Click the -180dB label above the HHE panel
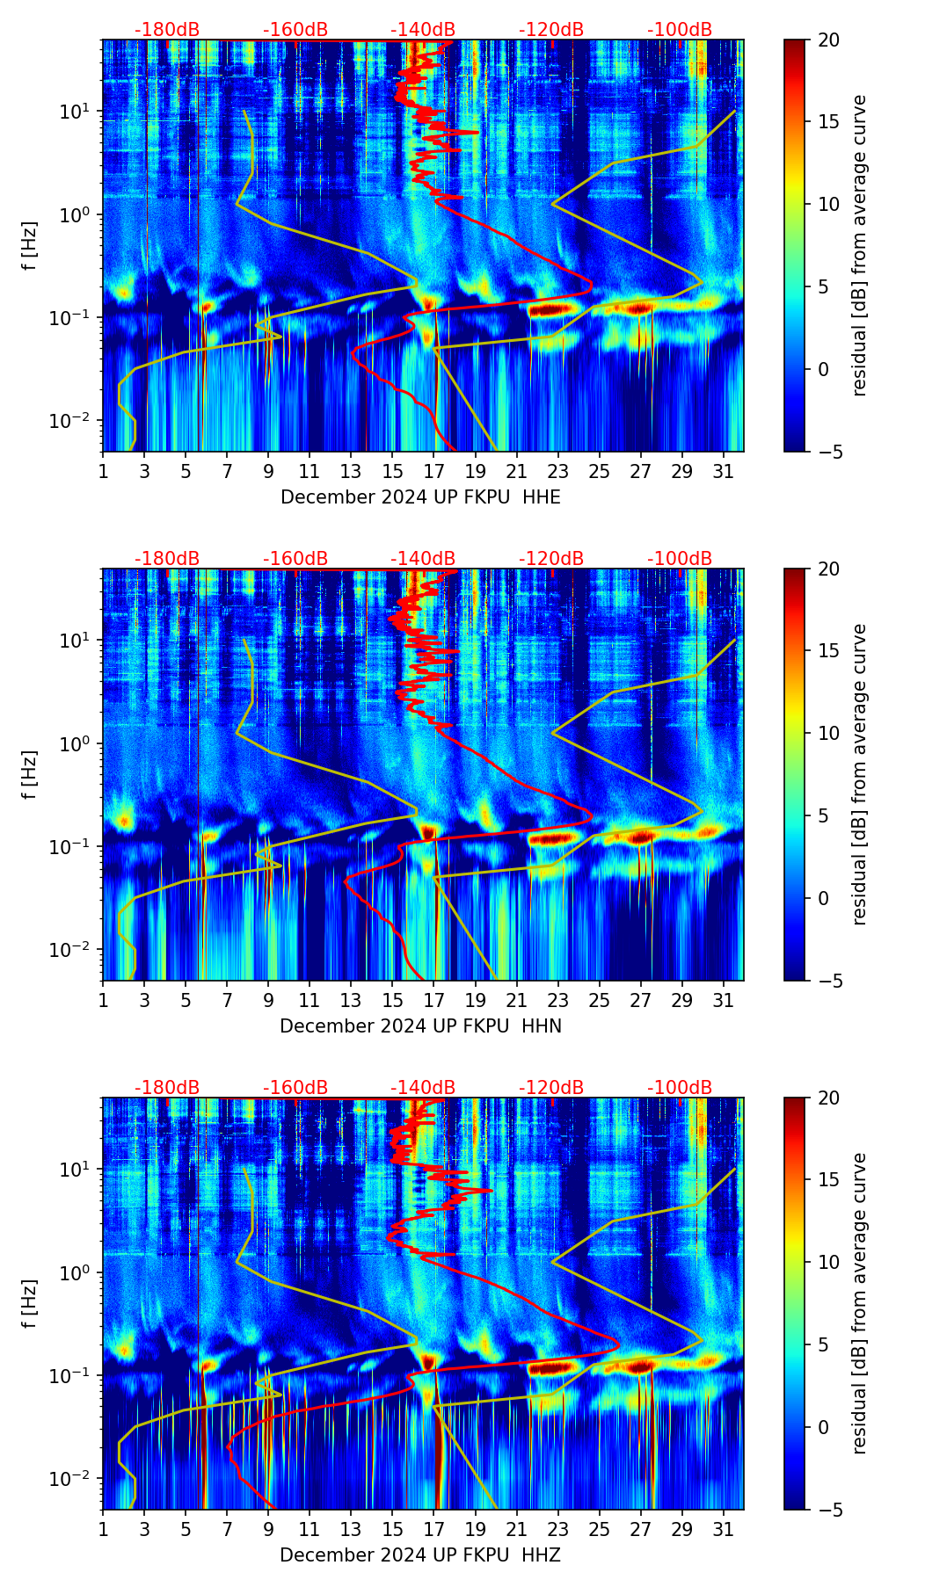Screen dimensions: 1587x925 [x=167, y=30]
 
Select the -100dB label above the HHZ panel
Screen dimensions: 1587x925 [x=680, y=1088]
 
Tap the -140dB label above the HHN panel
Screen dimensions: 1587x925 [x=423, y=559]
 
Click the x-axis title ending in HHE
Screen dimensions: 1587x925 [x=420, y=497]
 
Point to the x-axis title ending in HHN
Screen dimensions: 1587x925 [x=420, y=1026]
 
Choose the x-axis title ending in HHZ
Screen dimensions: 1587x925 [x=420, y=1555]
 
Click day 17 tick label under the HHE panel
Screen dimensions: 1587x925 [x=434, y=471]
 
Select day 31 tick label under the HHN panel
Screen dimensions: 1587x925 [x=724, y=1000]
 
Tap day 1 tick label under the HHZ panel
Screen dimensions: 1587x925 [x=103, y=1529]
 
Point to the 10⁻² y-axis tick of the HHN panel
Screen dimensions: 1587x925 [x=74, y=950]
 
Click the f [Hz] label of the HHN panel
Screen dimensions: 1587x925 [x=30, y=774]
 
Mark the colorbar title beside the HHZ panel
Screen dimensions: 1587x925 [x=860, y=1303]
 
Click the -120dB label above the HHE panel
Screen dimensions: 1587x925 [x=551, y=30]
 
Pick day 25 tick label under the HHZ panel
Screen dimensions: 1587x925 [x=600, y=1529]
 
